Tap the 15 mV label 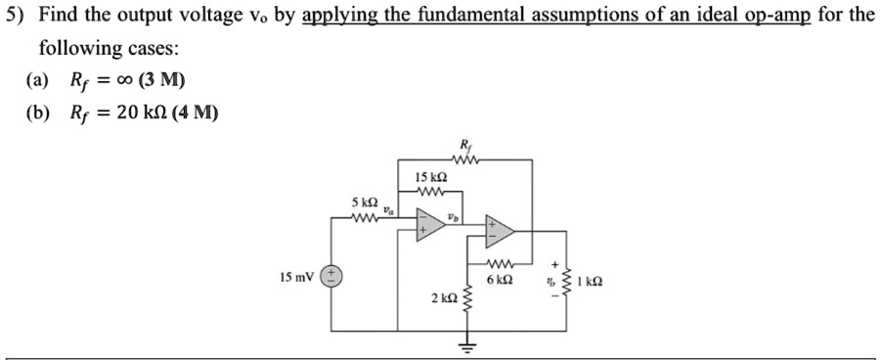[296, 276]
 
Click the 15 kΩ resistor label [431, 178]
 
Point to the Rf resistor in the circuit [464, 160]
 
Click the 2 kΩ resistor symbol [465, 296]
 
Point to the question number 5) [15, 17]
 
